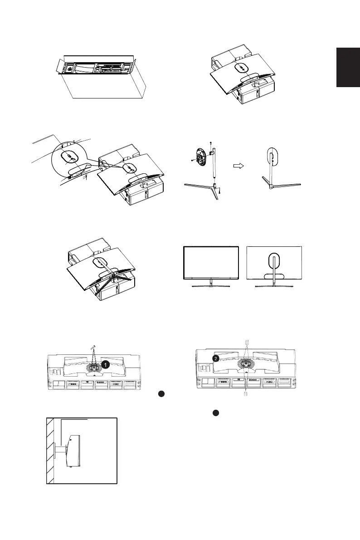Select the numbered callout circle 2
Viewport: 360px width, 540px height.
[217, 358]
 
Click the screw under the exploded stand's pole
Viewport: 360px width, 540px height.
[219, 192]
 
